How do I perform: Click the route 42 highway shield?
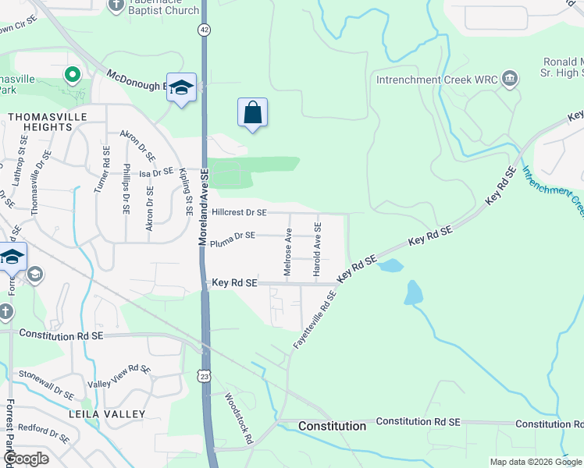click(204, 29)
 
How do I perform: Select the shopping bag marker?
click(252, 113)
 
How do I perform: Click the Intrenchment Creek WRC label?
click(437, 80)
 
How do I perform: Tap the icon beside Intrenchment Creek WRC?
click(511, 79)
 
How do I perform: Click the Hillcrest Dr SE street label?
click(239, 212)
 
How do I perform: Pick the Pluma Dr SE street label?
click(233, 235)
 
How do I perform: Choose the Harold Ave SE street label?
click(317, 249)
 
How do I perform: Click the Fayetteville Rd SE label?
click(315, 319)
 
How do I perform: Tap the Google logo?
click(26, 459)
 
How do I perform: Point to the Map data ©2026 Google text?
click(536, 462)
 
